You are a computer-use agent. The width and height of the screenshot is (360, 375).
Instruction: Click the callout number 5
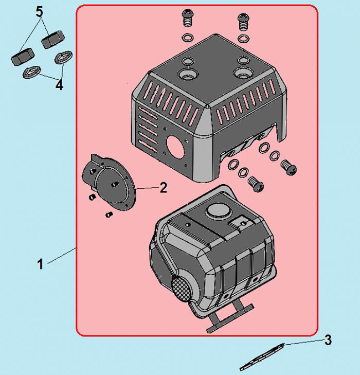coord(40,12)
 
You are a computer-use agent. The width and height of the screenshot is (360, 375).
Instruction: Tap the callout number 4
coord(59,85)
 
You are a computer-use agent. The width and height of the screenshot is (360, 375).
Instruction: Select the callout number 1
coord(41,264)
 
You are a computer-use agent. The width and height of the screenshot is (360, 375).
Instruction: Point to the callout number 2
coord(164,187)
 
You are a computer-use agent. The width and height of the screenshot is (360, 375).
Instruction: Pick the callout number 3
coord(328,340)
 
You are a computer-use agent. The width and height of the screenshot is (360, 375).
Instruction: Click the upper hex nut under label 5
coord(53,40)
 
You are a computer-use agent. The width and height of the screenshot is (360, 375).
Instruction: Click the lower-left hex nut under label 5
coord(23,57)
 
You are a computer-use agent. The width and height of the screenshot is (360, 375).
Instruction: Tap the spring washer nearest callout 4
coord(32,72)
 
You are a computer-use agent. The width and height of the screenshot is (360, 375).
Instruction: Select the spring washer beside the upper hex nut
coord(63,57)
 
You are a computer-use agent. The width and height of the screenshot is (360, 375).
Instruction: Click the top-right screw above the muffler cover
coord(244,22)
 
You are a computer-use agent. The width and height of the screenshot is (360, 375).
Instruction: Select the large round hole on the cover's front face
coord(176,147)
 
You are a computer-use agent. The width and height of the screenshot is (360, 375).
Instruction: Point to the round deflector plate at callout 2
coord(109,183)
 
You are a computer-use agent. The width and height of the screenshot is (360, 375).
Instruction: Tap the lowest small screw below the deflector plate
coord(109,215)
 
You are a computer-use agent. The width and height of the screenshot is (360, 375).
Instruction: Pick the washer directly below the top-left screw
coord(188,38)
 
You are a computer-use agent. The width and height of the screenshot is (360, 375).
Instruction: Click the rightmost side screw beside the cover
coord(289,168)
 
